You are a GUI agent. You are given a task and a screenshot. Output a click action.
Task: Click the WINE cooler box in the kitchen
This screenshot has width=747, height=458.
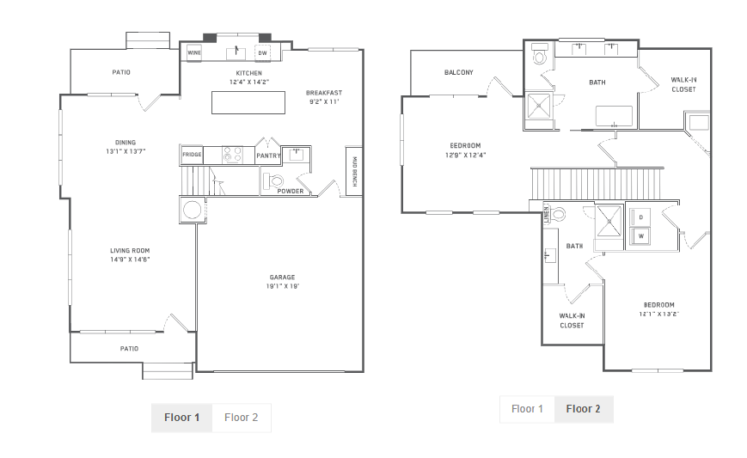click(x=194, y=53)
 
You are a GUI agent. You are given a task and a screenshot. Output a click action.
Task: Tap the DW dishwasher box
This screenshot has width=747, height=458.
click(x=262, y=53)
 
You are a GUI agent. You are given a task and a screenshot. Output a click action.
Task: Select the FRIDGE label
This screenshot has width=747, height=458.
click(x=192, y=155)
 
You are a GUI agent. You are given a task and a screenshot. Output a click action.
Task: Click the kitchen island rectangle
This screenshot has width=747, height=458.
click(x=248, y=102)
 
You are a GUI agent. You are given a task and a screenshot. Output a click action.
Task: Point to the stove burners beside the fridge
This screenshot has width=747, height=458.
click(x=232, y=155)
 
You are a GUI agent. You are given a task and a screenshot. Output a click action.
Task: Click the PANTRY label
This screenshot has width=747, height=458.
click(x=268, y=156)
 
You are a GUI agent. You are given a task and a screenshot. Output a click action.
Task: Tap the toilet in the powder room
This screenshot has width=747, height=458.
click(x=273, y=181)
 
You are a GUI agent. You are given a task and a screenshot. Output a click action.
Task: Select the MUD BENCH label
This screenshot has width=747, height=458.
click(x=354, y=171)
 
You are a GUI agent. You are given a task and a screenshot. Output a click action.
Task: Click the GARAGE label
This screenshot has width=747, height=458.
click(x=282, y=277)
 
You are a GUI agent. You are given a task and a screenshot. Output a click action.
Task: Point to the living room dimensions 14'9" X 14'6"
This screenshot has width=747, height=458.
click(x=130, y=260)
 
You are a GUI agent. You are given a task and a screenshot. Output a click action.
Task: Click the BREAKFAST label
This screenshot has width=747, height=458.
click(x=324, y=93)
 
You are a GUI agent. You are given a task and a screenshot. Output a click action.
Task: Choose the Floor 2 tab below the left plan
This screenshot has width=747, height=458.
click(x=241, y=418)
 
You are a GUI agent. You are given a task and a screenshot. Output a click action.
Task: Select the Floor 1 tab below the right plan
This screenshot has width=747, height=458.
click(x=527, y=409)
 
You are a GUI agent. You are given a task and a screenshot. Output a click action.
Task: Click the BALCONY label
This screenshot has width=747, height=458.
click(x=459, y=72)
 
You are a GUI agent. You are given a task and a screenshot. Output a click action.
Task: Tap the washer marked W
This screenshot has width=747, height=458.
click(x=640, y=236)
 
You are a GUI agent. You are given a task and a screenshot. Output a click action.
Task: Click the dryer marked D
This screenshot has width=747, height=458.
click(x=640, y=217)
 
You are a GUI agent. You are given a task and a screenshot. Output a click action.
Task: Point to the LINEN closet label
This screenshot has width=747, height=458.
click(x=547, y=213)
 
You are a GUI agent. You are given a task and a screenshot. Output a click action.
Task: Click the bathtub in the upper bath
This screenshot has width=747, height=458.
click(x=614, y=116)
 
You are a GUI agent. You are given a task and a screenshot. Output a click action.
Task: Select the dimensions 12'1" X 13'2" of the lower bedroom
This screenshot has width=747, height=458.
click(x=658, y=314)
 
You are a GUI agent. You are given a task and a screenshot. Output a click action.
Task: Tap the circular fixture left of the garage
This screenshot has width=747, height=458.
click(x=193, y=210)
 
